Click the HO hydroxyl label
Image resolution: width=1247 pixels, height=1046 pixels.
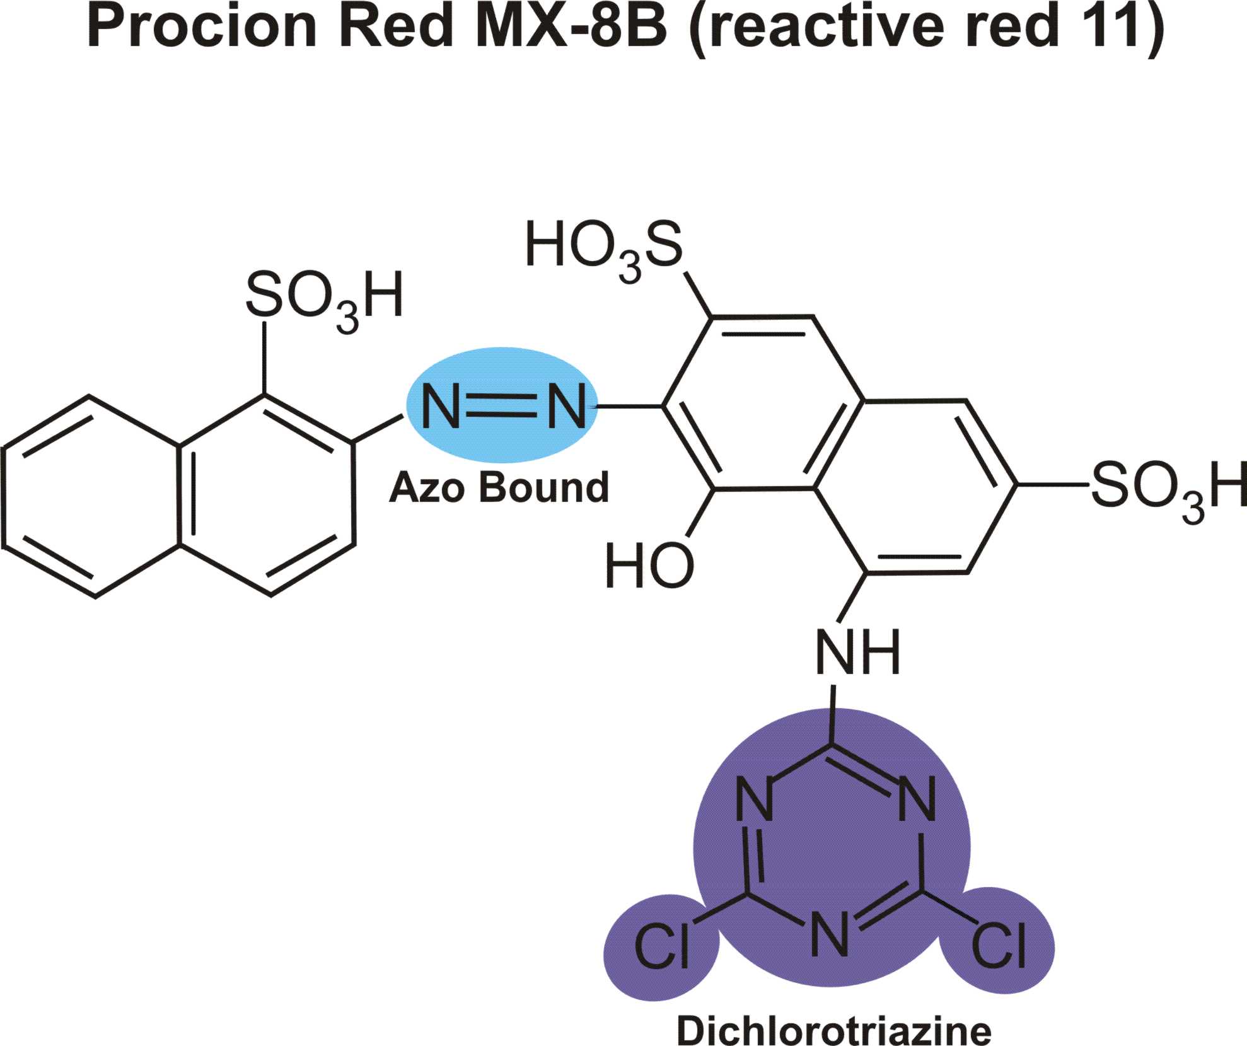tap(649, 566)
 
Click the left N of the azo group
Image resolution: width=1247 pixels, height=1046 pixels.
tap(441, 407)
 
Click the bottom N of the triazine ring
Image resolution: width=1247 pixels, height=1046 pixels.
tap(830, 935)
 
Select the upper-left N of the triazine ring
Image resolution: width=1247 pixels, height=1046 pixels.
tap(755, 801)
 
